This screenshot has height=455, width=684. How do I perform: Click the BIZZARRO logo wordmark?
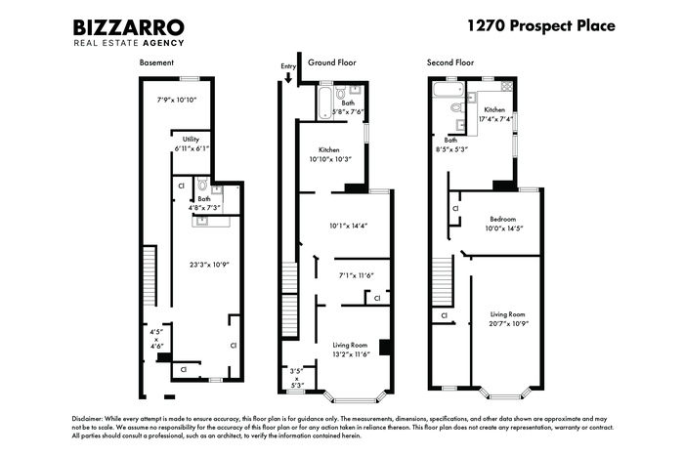(x=129, y=27)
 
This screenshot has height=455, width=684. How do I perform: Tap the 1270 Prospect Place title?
(x=541, y=25)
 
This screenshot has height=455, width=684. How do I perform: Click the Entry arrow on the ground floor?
(x=288, y=77)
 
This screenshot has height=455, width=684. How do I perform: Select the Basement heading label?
(x=156, y=62)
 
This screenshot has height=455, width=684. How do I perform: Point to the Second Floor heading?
(x=450, y=62)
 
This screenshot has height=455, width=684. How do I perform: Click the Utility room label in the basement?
(x=191, y=139)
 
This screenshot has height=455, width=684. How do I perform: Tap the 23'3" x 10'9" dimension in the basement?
(x=209, y=265)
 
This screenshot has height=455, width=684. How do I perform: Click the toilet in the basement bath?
(x=202, y=184)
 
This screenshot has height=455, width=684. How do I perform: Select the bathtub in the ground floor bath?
(x=324, y=103)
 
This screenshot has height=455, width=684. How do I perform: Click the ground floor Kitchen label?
(x=329, y=149)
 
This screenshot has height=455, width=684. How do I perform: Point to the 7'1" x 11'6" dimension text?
(x=357, y=275)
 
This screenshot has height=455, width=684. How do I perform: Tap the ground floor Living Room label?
(x=350, y=345)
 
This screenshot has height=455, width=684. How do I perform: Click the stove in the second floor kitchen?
(x=507, y=85)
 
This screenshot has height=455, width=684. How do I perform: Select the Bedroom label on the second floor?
(x=503, y=219)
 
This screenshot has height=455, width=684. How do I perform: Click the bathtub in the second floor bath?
(x=448, y=90)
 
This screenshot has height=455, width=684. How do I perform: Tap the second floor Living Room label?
(x=508, y=314)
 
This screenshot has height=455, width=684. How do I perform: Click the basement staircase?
(x=150, y=275)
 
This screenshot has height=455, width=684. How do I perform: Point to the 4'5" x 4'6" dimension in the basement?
(x=156, y=339)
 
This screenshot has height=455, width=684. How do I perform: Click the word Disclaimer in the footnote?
(x=88, y=419)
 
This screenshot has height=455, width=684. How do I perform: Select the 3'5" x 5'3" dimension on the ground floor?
(x=297, y=378)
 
